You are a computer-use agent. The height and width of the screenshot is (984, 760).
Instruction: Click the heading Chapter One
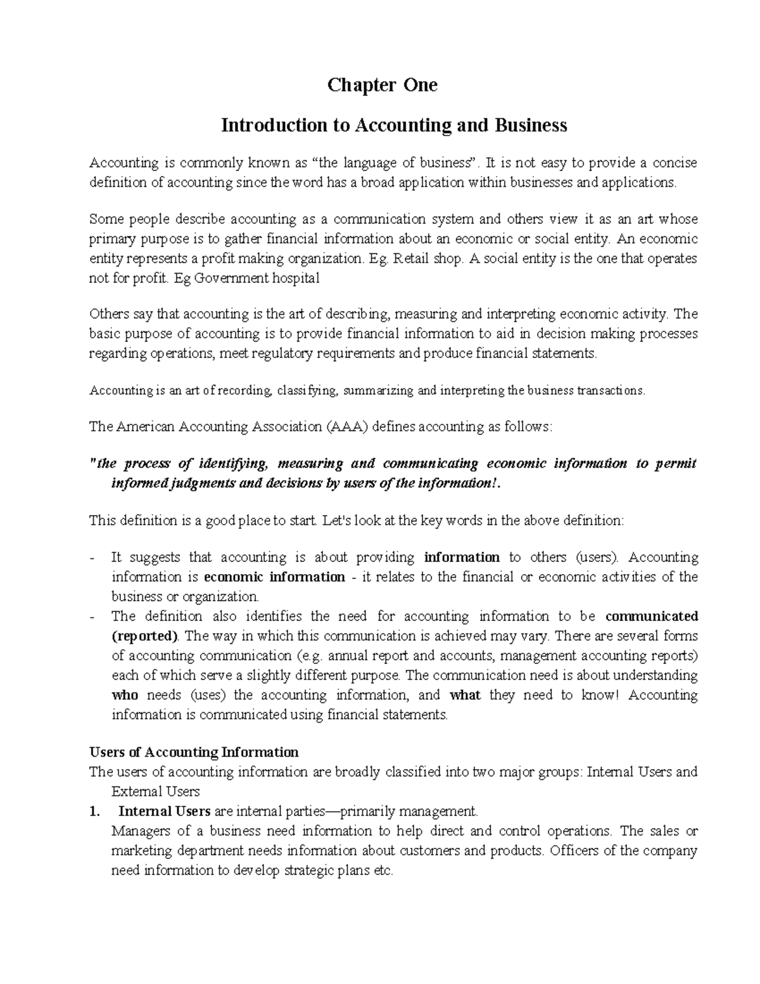(x=382, y=85)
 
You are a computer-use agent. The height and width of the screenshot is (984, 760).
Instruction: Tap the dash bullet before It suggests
(x=93, y=558)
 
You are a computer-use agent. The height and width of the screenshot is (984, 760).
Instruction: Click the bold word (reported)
(x=144, y=636)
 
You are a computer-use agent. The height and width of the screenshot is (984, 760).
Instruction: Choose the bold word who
(x=125, y=695)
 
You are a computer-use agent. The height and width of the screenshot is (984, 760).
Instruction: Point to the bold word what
(x=465, y=695)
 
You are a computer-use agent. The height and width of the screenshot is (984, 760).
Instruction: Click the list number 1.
(x=95, y=812)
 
